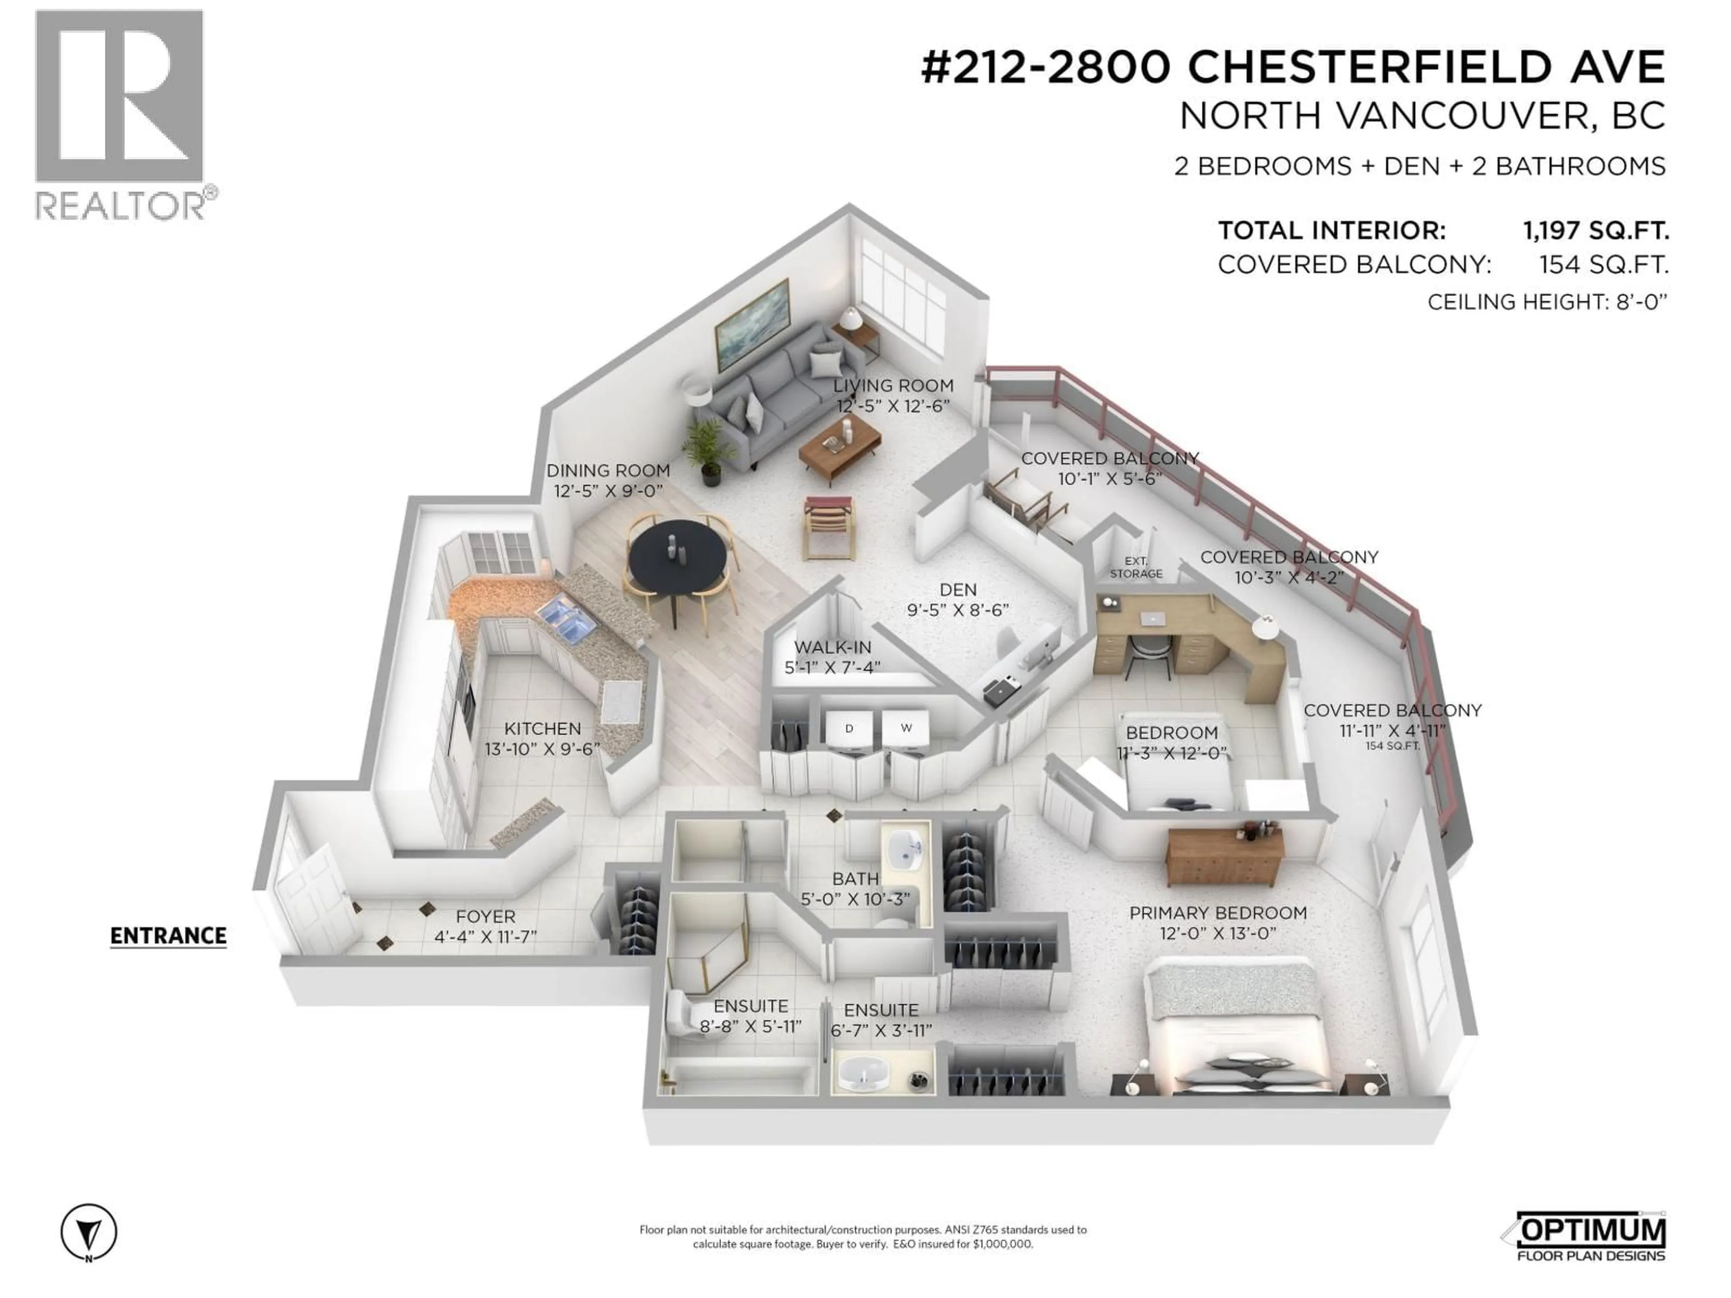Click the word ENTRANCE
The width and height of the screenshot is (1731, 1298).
[x=168, y=936]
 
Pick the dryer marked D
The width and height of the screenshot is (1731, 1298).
[x=849, y=728]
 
